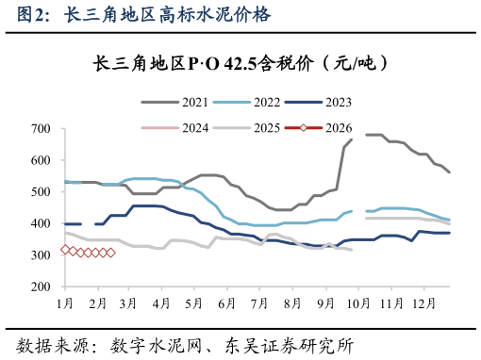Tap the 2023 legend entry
pyautogui.click(x=337, y=101)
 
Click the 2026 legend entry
pyautogui.click(x=337, y=127)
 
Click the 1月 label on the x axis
pyautogui.click(x=65, y=303)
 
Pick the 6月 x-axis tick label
pyautogui.click(x=225, y=303)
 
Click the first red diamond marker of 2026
pyautogui.click(x=65, y=250)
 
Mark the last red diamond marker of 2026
pyautogui.click(x=110, y=253)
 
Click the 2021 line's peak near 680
pyautogui.click(x=373, y=135)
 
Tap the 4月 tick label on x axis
pyautogui.click(x=161, y=303)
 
